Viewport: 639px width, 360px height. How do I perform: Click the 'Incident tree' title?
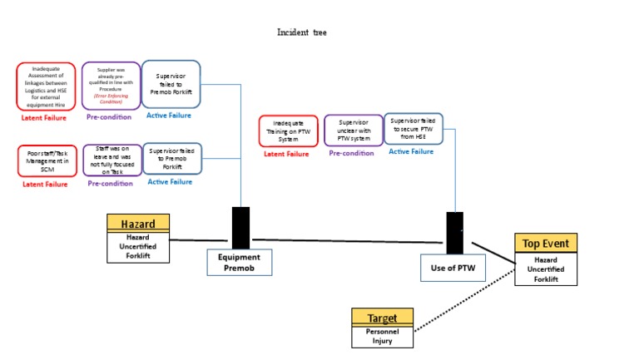pyautogui.click(x=301, y=32)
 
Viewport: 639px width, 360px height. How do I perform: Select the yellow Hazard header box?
pyautogui.click(x=138, y=223)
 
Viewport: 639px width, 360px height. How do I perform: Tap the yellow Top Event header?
pyautogui.click(x=545, y=243)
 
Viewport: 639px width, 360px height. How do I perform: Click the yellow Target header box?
pyautogui.click(x=382, y=318)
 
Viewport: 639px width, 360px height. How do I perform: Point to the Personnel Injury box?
pyautogui.click(x=382, y=336)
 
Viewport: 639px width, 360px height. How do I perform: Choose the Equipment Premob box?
pyautogui.click(x=240, y=263)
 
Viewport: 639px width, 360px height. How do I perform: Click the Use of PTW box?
pyautogui.click(x=453, y=268)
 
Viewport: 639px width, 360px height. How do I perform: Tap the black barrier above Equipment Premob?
pyautogui.click(x=240, y=228)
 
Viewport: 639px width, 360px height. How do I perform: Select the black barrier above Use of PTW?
pyautogui.click(x=454, y=233)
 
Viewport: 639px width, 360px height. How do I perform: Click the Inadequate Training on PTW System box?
pyautogui.click(x=288, y=131)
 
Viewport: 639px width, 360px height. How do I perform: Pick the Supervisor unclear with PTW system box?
pyautogui.click(x=353, y=131)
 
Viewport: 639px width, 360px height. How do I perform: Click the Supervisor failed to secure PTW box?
pyautogui.click(x=413, y=129)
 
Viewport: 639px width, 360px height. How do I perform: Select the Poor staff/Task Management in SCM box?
pyautogui.click(x=47, y=160)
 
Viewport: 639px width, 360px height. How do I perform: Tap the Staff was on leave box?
pyautogui.click(x=111, y=160)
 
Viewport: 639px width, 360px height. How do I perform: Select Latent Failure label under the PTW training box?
pyautogui.click(x=286, y=154)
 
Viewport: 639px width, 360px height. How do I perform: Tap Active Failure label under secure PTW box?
pyautogui.click(x=411, y=151)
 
